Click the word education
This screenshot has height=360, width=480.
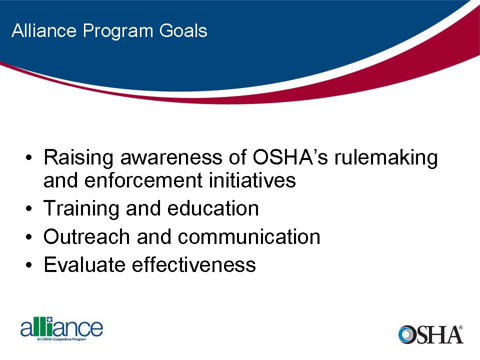coord(213,208)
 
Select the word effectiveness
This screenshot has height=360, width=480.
coord(194,264)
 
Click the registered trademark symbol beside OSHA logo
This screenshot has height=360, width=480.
coord(460,328)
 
